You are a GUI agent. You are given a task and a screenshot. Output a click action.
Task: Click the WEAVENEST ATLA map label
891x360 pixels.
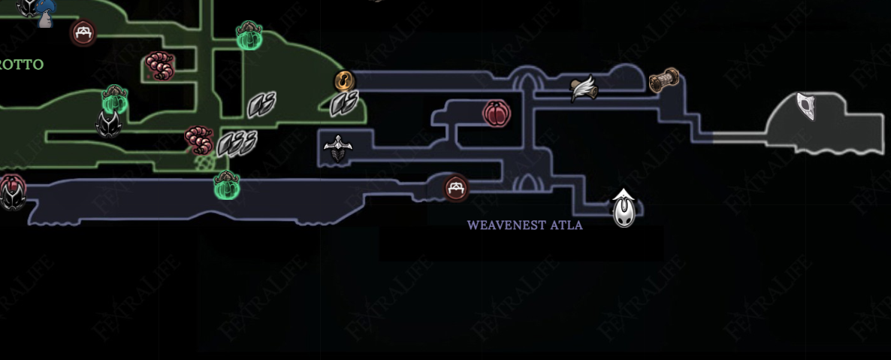(524, 225)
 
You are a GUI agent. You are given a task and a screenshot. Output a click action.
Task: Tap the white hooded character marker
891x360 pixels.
(624, 208)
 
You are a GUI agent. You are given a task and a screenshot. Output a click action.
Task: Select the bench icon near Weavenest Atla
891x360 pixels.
(456, 188)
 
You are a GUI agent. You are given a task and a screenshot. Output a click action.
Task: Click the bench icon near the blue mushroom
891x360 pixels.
(83, 32)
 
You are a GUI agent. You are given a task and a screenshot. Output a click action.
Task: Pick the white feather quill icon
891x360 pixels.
(584, 89)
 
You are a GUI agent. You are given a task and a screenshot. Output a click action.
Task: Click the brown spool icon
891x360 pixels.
(664, 79)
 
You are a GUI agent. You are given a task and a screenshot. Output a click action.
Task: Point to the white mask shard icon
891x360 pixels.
(807, 106)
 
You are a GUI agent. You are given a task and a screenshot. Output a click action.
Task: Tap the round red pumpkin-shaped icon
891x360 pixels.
(497, 113)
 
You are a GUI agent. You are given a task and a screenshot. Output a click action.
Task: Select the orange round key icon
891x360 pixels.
(344, 80)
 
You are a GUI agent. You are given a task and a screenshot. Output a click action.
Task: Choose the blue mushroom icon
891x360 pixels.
(46, 11)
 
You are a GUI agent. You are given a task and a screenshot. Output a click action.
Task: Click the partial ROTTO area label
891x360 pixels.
(21, 65)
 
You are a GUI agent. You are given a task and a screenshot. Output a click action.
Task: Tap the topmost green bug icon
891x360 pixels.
(249, 35)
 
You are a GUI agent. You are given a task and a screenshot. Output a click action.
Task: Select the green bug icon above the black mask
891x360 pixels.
(114, 98)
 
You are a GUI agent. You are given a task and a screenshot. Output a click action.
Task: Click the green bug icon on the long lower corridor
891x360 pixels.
(225, 185)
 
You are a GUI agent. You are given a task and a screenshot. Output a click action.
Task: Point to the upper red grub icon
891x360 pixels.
(160, 66)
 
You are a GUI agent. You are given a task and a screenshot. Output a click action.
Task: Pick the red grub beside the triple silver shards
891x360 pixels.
(199, 140)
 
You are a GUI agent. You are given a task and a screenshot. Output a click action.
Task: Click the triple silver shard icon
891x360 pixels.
(237, 143)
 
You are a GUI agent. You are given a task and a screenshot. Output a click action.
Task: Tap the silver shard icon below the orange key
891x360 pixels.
(345, 103)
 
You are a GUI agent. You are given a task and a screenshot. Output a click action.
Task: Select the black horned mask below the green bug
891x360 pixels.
(110, 124)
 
